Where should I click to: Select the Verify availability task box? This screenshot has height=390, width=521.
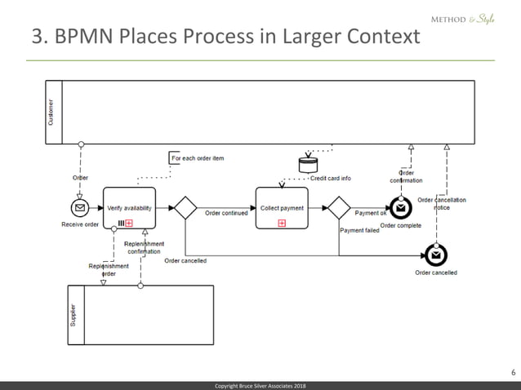(129, 208)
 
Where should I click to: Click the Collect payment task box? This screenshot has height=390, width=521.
(282, 208)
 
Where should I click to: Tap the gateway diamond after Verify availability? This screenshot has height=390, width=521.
(185, 208)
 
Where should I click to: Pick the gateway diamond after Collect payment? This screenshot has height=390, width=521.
(338, 208)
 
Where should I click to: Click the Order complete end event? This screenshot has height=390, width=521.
(400, 209)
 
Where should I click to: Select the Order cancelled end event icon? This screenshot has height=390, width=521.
(436, 255)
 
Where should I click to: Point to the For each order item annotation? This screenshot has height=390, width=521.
(197, 157)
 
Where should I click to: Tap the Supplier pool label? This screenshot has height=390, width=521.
(73, 314)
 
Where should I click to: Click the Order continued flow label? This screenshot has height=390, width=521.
(226, 214)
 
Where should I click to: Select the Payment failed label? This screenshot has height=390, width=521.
(359, 230)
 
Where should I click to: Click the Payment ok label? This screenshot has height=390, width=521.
(370, 214)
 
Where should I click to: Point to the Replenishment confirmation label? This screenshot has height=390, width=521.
(144, 247)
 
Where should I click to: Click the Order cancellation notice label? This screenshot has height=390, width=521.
(441, 203)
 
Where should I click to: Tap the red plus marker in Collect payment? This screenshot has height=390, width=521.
(282, 222)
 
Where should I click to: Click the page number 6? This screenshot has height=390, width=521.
(512, 373)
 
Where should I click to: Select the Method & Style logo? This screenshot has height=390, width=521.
(462, 20)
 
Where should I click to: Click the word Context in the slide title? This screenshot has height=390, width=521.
(374, 38)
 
